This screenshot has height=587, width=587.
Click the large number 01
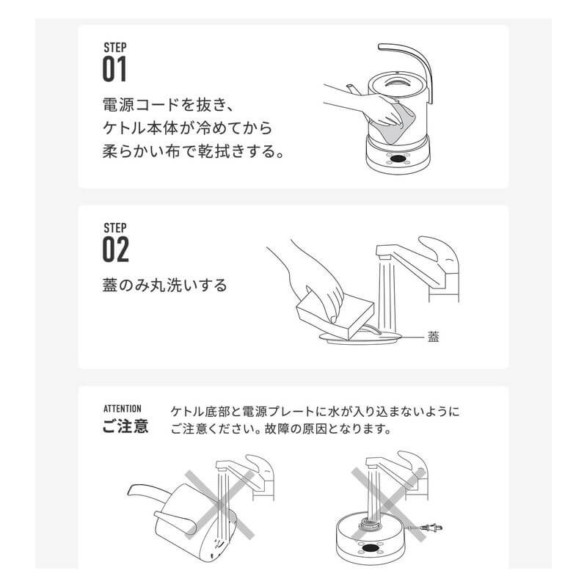point(114,69)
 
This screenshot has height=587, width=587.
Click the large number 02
point(116,249)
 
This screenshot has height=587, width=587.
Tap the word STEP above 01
point(115,48)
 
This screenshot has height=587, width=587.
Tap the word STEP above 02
point(115,228)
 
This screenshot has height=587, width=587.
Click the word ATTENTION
point(123,409)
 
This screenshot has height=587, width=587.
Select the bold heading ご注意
point(125,426)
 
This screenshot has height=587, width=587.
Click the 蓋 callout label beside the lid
point(433,337)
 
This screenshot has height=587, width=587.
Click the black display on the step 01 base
point(398,158)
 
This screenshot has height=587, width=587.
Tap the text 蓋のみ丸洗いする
point(164,285)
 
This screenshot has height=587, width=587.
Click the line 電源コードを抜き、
point(169,104)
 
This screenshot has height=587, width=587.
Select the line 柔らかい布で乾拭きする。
point(194,151)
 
